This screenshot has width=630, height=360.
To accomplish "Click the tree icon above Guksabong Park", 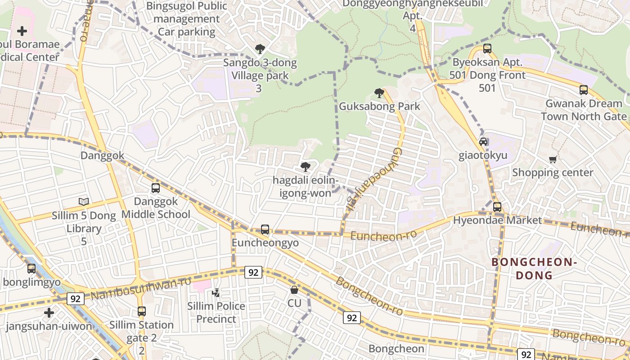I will (379, 93).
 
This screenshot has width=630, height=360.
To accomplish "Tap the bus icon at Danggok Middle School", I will (156, 188).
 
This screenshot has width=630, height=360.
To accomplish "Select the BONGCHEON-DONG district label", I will (534, 269).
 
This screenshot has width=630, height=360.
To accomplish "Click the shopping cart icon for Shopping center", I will (553, 159).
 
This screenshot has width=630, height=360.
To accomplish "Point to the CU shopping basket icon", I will (294, 290).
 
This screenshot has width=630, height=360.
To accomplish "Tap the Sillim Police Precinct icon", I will (216, 293).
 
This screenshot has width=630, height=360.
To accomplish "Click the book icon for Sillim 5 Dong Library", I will (84, 202).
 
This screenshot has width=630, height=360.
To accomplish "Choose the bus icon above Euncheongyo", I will (265, 229).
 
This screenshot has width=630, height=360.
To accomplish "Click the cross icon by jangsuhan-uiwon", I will (49, 312).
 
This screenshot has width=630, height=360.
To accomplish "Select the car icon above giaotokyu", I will (483, 142).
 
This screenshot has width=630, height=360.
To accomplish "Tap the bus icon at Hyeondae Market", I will (497, 207).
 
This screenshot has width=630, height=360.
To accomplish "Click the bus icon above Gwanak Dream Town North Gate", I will (584, 90).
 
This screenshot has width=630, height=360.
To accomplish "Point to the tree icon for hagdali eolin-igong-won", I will (306, 167).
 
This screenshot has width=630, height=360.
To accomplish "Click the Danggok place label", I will (102, 156).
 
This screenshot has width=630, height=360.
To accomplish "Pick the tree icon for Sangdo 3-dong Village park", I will (260, 49).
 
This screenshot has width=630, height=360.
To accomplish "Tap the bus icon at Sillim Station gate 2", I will (142, 311).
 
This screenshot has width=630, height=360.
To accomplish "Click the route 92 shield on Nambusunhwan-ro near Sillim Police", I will (253, 272).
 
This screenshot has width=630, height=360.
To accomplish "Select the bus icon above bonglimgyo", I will (31, 269).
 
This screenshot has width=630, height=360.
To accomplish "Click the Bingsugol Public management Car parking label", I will (186, 19).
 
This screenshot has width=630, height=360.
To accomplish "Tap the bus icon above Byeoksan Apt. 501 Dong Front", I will (487, 49).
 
